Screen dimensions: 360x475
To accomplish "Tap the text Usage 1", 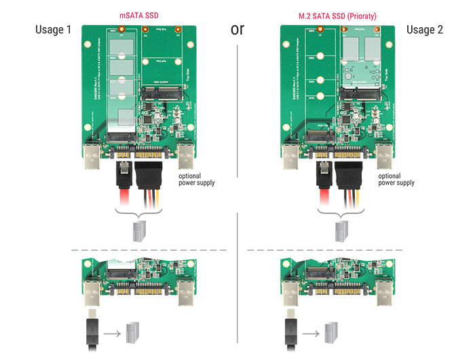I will click(54, 30).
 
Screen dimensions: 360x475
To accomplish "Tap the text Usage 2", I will click(425, 30).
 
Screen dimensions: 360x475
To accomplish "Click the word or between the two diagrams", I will click(237, 30).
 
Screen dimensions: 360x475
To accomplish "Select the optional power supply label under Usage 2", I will click(396, 179).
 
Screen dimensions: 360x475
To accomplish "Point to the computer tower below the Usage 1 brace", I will click(139, 232).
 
